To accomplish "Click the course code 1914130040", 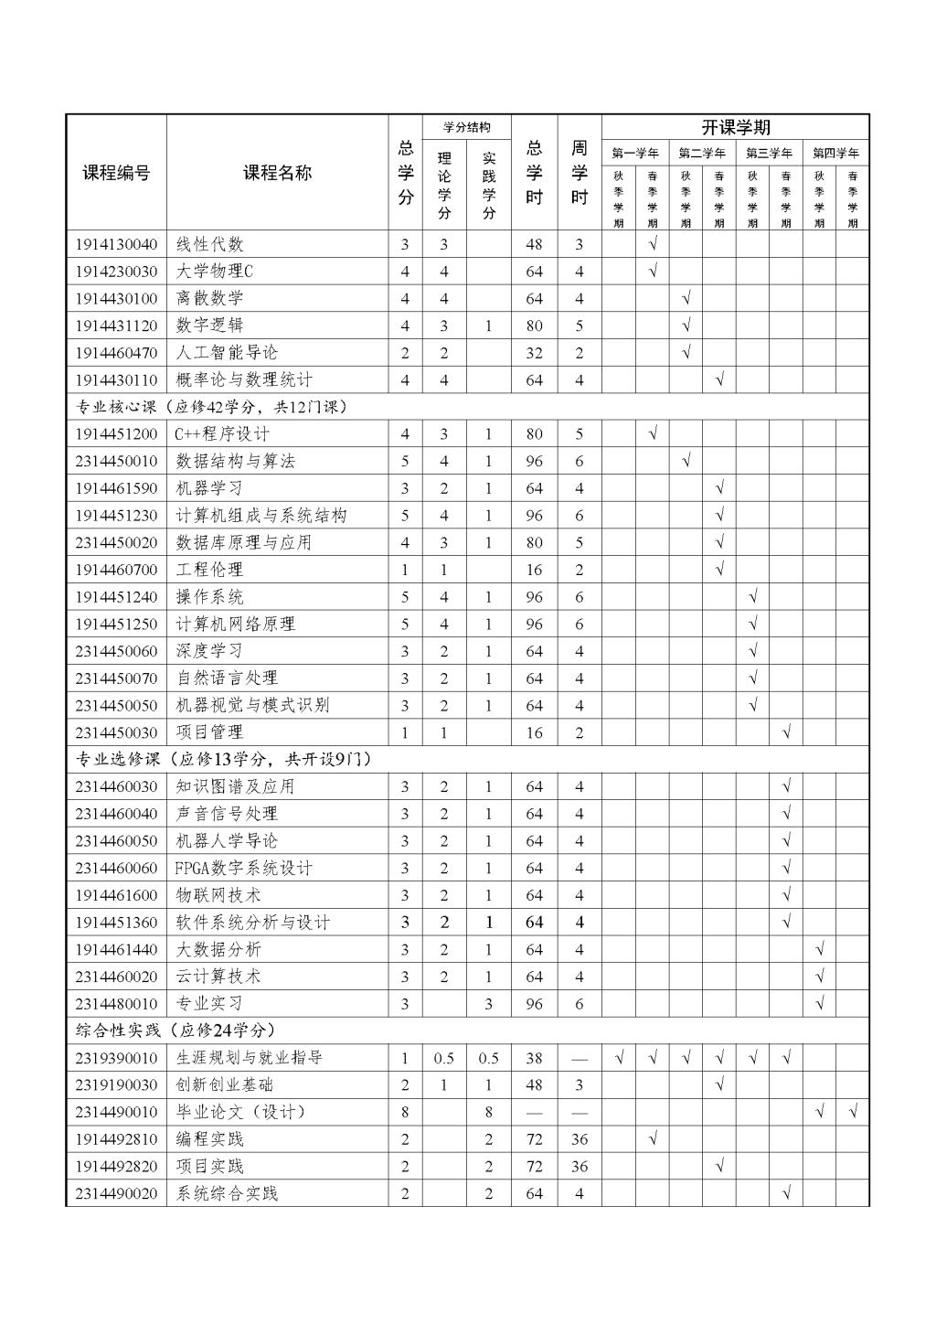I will (x=116, y=244).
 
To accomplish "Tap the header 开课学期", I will (x=735, y=128).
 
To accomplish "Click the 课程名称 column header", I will (x=277, y=173).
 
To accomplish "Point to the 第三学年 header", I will (x=769, y=154).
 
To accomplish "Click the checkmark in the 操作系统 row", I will (x=752, y=597).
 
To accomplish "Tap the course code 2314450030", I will (x=116, y=732).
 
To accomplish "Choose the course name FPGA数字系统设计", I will (x=244, y=868).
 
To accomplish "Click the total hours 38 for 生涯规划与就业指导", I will (x=534, y=1058).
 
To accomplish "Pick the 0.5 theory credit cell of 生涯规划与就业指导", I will (x=443, y=1058).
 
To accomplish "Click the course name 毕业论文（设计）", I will (x=241, y=1112).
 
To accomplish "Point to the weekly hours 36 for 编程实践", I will (x=579, y=1139).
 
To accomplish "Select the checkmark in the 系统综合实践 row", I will (x=786, y=1193).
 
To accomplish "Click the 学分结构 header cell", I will (x=466, y=127).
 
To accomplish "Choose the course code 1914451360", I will (x=116, y=922).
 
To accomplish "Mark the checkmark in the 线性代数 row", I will (x=653, y=244).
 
